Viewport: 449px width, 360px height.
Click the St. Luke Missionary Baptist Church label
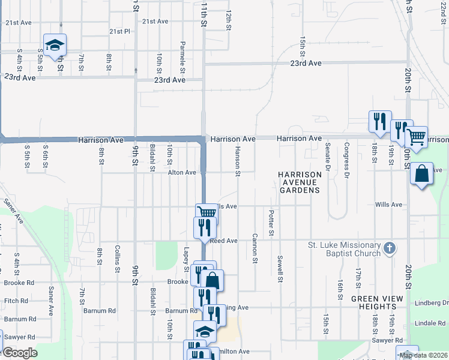pyautogui.click(x=344, y=249)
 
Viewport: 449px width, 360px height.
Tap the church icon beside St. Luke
pyautogui.click(x=390, y=248)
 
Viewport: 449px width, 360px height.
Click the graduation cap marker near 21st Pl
pyautogui.click(x=55, y=45)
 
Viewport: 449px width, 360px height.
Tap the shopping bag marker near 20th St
pyautogui.click(x=421, y=174)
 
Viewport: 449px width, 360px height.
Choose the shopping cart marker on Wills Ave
pyautogui.click(x=206, y=212)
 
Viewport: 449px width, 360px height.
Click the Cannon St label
pyautogui.click(x=255, y=248)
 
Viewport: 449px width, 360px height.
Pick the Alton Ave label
pyautogui.click(x=182, y=172)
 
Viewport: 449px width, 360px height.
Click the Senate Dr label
pyautogui.click(x=328, y=157)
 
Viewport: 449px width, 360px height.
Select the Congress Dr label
pyautogui.click(x=347, y=161)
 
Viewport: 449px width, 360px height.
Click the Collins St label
pyautogui.click(x=118, y=259)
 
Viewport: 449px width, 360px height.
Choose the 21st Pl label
pyautogui.click(x=119, y=31)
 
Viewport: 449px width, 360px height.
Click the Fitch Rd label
pyautogui.click(x=16, y=301)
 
